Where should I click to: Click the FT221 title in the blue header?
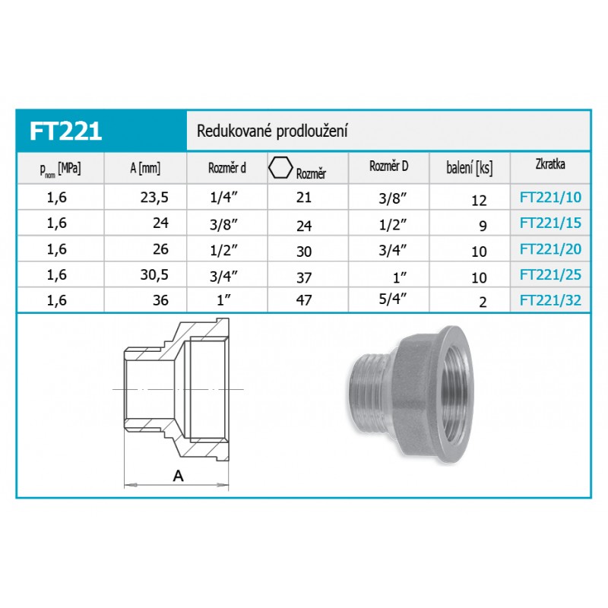point(65,131)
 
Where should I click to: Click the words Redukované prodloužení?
point(272,131)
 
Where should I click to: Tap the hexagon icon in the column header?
point(280,167)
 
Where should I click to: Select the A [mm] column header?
point(145,168)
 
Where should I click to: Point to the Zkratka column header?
point(550,164)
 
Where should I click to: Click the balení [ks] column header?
point(470,168)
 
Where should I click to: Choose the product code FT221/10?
point(550,198)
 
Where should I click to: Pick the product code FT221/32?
point(550,300)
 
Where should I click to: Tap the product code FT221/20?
point(550,249)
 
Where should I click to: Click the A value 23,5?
point(154,198)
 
